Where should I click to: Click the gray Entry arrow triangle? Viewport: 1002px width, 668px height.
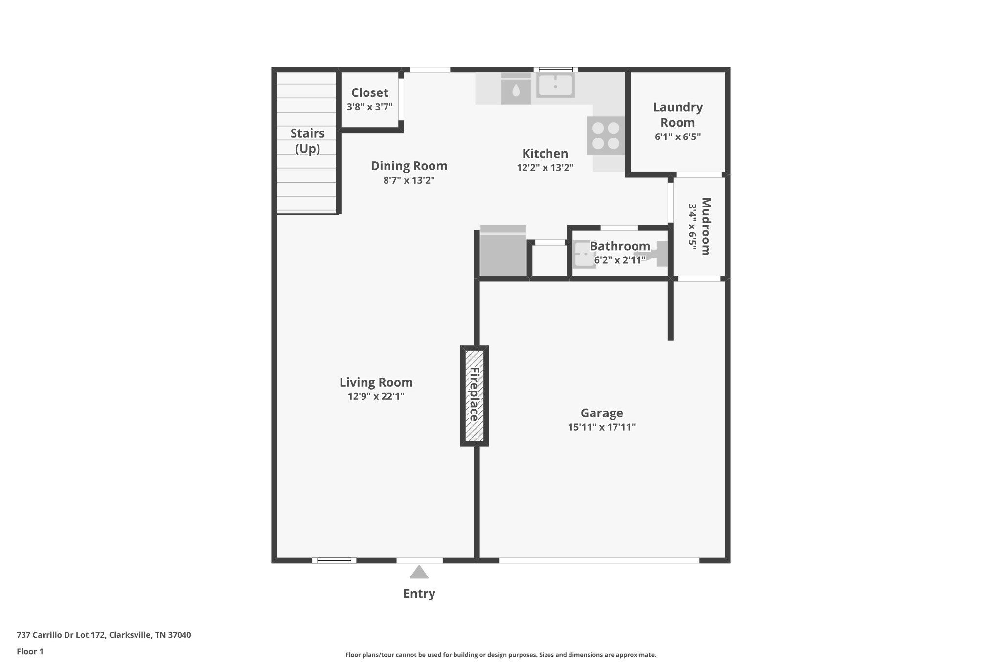pyautogui.click(x=419, y=573)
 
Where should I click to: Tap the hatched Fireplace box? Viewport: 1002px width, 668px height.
pyautogui.click(x=474, y=395)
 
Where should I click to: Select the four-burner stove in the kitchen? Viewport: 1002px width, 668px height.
pyautogui.click(x=606, y=136)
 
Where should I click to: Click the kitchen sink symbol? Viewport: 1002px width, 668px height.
pyautogui.click(x=555, y=85)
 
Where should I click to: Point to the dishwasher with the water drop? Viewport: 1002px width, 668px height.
pyautogui.click(x=516, y=90)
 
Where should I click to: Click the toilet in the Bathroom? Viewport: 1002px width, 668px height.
pyautogui.click(x=656, y=253)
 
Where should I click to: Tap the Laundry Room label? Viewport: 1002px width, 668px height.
pyautogui.click(x=678, y=115)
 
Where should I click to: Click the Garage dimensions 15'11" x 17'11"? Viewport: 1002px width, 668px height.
pyautogui.click(x=601, y=427)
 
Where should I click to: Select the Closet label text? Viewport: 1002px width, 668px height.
pyautogui.click(x=369, y=92)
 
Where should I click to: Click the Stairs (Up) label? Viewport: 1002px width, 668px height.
pyautogui.click(x=307, y=140)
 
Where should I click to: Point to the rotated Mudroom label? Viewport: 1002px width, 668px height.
pyautogui.click(x=706, y=226)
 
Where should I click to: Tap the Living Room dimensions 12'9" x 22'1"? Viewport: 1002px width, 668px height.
pyautogui.click(x=376, y=396)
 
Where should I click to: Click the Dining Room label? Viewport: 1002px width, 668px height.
pyautogui.click(x=409, y=166)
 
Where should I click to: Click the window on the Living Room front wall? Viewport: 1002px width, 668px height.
pyautogui.click(x=334, y=560)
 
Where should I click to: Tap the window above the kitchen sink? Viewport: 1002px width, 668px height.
pyautogui.click(x=555, y=69)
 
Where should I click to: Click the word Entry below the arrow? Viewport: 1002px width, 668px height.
pyautogui.click(x=419, y=594)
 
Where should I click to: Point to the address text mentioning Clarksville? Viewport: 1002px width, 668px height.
pyautogui.click(x=104, y=635)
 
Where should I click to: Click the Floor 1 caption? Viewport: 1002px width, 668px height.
pyautogui.click(x=30, y=651)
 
